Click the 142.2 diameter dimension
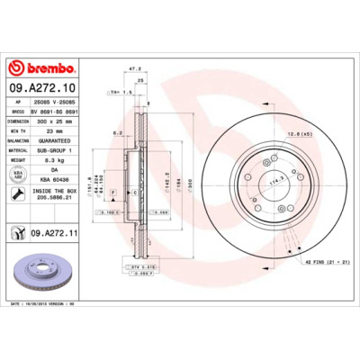pyautogui.click(x=166, y=179)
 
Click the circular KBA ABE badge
pyautogui.click(x=17, y=175)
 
